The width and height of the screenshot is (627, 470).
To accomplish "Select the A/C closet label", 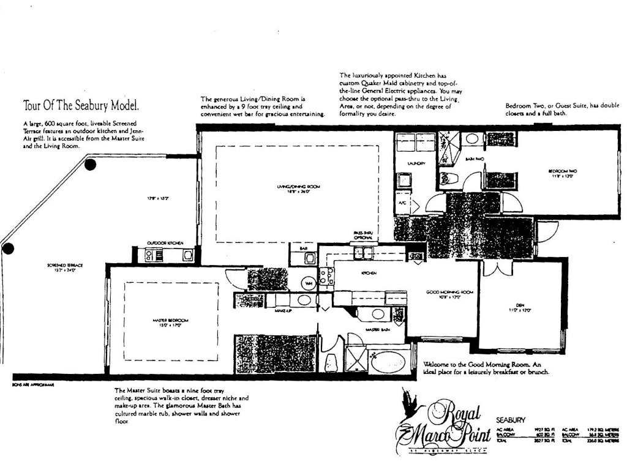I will click(404, 201).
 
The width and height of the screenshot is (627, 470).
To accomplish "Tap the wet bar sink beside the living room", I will click(309, 258).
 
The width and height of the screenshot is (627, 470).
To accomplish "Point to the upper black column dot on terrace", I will click(91, 164).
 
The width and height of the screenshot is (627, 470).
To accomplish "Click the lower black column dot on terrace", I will click(8, 248).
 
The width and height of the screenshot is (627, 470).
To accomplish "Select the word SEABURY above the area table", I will click(509, 421).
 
